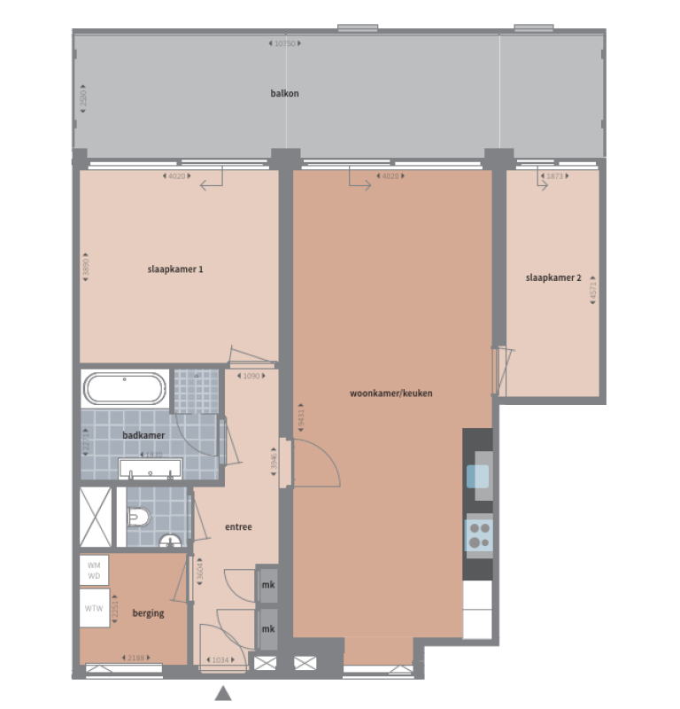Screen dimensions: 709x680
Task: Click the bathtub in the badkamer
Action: pyautogui.click(x=124, y=388)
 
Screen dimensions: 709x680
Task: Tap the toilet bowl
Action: pyautogui.click(x=140, y=516)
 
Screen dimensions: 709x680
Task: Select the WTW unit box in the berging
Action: pyautogui.click(x=94, y=609)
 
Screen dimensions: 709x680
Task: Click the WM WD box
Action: pyautogui.click(x=94, y=569)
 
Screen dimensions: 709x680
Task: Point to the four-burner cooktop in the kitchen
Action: pyautogui.click(x=479, y=534)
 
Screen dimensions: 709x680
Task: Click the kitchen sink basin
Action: pyautogui.click(x=478, y=477)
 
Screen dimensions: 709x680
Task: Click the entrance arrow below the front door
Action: pyautogui.click(x=223, y=693)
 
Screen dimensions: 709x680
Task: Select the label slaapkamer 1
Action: pyautogui.click(x=176, y=269)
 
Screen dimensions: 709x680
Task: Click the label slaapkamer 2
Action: pyautogui.click(x=553, y=277)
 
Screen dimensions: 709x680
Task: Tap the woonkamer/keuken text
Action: pyautogui.click(x=391, y=393)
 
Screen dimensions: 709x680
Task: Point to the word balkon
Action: pyautogui.click(x=285, y=92)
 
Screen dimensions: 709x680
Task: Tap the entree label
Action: pyautogui.click(x=238, y=526)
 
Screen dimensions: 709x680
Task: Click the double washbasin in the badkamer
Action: pyautogui.click(x=151, y=469)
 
